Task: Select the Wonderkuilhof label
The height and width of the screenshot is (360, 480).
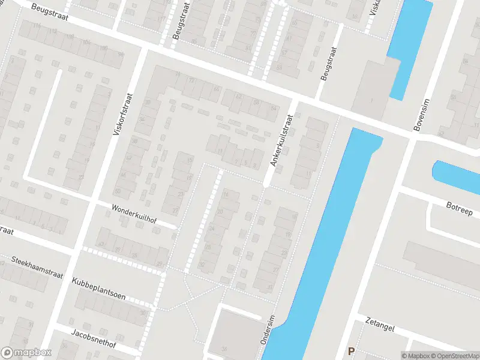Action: click(134, 214)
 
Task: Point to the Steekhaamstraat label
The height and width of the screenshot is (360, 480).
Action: click(38, 265)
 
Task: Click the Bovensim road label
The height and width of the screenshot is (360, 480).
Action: click(422, 115)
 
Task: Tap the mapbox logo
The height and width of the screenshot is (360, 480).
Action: click(26, 353)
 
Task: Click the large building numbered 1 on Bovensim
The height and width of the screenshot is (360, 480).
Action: click(375, 90)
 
